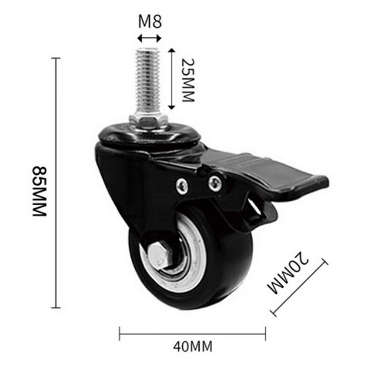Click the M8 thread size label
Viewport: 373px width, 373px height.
150,21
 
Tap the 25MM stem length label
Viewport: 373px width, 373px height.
188,80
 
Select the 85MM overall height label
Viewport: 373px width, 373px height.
40,191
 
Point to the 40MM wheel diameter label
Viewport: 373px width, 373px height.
193,347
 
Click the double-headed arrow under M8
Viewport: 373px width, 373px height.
150,38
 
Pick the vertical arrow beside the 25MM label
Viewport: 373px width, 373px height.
172,79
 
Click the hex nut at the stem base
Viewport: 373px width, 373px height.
149,121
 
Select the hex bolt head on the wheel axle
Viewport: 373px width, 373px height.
158,256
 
